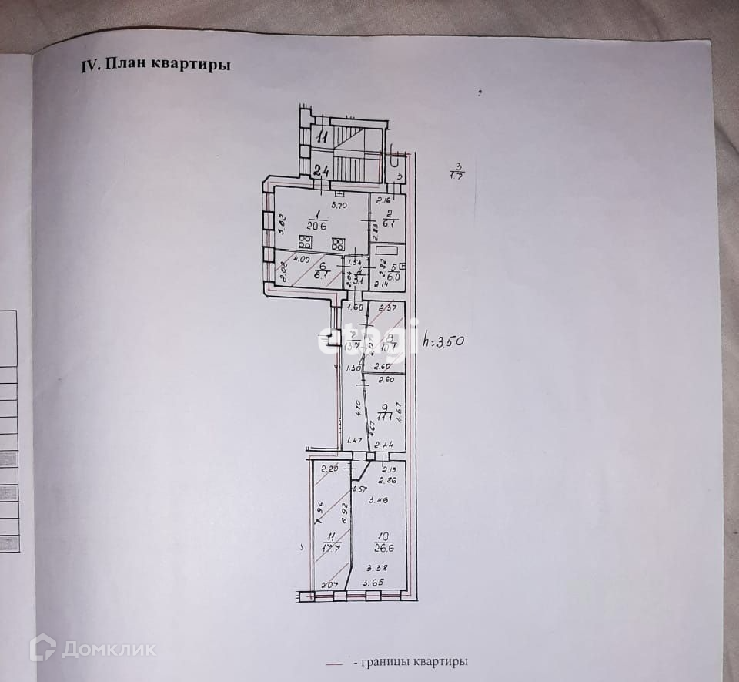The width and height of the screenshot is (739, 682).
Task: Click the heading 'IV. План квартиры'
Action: (x=156, y=65)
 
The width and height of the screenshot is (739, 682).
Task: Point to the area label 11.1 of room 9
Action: (x=386, y=417)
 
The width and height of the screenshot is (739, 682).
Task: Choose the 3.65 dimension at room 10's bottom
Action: (x=373, y=582)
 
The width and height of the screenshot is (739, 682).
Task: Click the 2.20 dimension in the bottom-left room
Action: (x=329, y=469)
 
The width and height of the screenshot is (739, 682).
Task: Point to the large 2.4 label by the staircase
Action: (x=322, y=170)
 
